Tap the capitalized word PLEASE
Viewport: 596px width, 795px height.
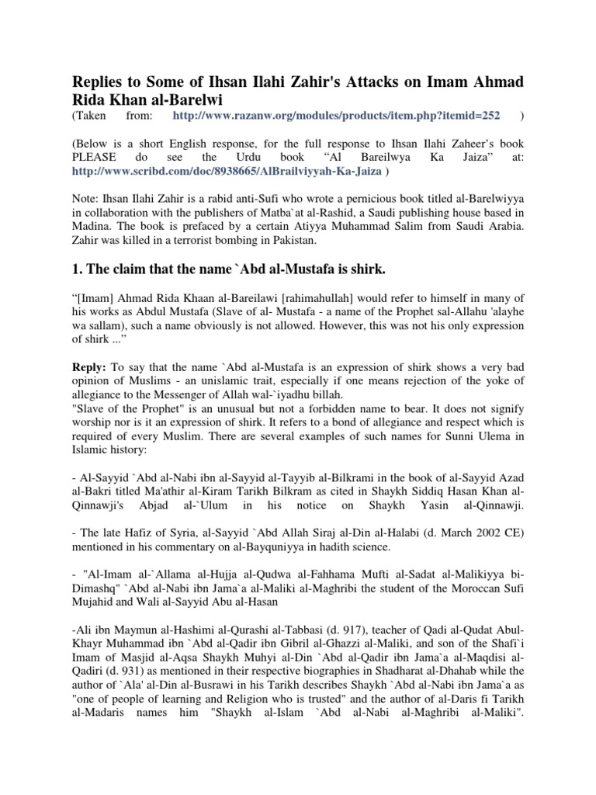coord(96,156)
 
